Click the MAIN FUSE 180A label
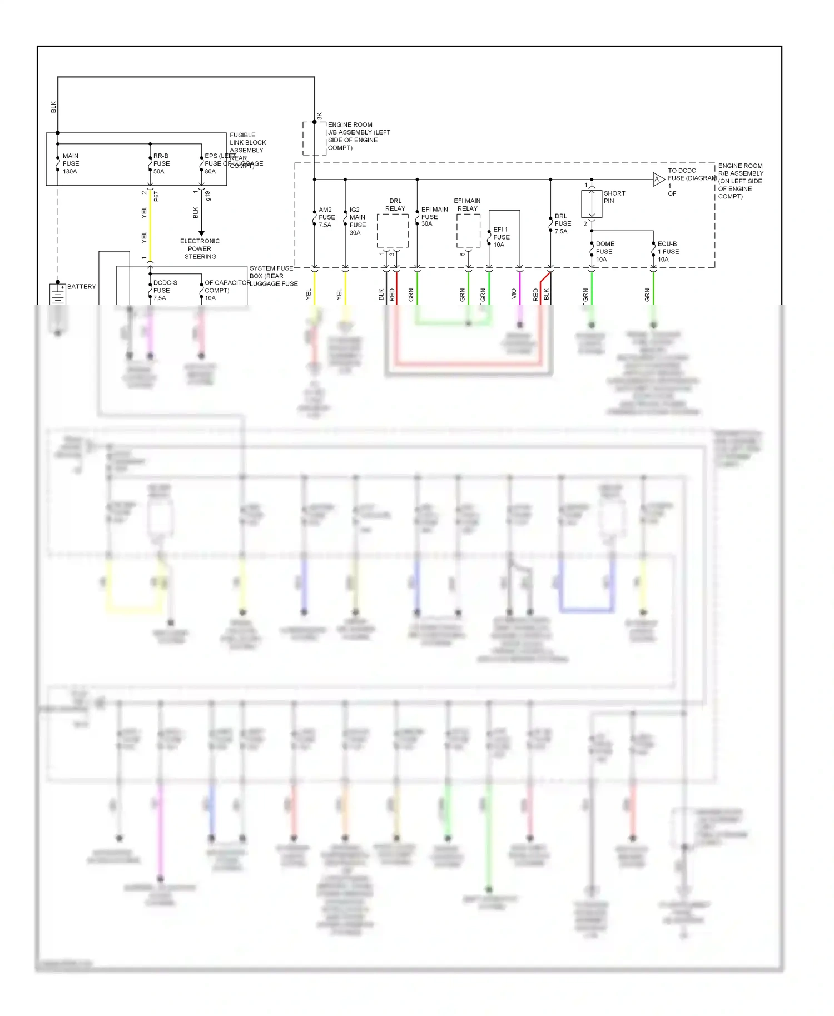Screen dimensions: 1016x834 (x=71, y=163)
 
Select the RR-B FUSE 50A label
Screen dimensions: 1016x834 (x=161, y=163)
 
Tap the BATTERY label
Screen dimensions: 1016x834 (x=81, y=287)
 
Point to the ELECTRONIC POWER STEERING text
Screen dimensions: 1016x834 (x=200, y=248)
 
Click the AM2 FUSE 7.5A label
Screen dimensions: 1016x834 (x=326, y=217)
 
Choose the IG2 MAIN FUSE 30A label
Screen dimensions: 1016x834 (x=358, y=221)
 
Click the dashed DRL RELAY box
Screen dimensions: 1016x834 (x=393, y=231)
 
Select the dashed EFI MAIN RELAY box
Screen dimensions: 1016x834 (x=468, y=231)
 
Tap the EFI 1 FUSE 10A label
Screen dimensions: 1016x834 (x=501, y=237)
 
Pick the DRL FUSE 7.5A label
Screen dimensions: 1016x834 (x=562, y=223)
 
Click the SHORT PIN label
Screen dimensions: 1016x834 (x=614, y=197)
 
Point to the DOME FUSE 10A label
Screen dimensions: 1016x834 (x=604, y=251)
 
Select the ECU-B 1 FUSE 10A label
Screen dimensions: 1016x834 (x=668, y=251)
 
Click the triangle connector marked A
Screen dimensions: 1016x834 (x=658, y=179)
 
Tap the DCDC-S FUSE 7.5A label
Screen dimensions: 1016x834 (x=165, y=290)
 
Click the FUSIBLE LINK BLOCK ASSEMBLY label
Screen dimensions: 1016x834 (x=247, y=142)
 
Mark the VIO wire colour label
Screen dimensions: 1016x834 (x=514, y=293)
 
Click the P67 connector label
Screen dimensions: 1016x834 (x=157, y=196)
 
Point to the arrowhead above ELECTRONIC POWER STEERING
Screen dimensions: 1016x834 (x=201, y=233)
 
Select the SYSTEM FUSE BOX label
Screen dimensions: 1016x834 (x=271, y=272)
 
